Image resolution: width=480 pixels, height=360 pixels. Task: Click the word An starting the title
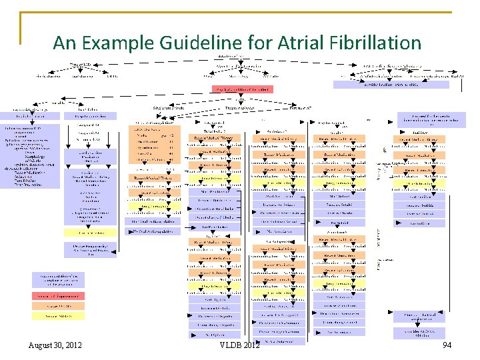65,43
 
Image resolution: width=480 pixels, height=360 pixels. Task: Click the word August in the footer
43,345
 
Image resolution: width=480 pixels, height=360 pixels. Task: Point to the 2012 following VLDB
251,345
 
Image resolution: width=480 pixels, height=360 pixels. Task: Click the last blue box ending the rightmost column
423,333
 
